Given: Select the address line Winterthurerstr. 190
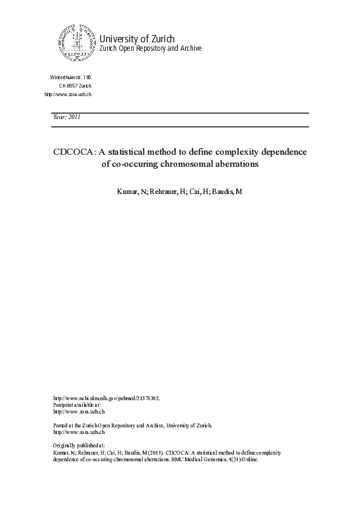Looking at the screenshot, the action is (x=70, y=78).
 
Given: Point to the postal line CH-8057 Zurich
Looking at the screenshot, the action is (x=75, y=86).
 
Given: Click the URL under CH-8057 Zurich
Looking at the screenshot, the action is (x=68, y=95).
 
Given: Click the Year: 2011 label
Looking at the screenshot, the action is (x=67, y=117).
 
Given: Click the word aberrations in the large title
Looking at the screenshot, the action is (x=233, y=164).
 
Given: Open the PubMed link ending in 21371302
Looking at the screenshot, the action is (x=107, y=398).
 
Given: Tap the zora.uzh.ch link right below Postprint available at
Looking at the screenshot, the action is (x=79, y=412).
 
